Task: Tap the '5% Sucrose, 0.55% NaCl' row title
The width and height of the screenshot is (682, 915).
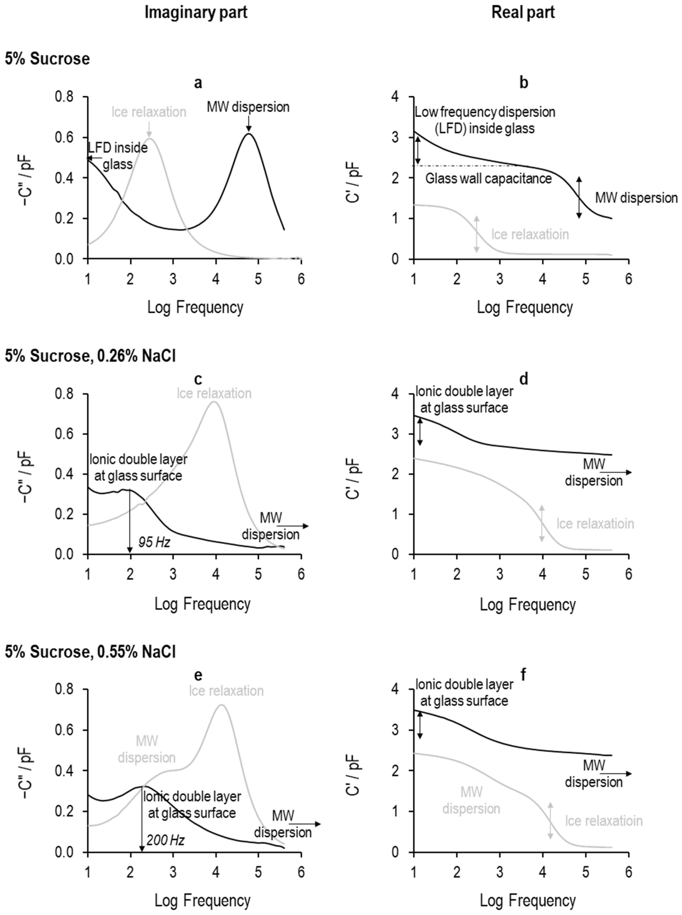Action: [90, 652]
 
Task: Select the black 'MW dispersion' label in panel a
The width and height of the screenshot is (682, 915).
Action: [248, 107]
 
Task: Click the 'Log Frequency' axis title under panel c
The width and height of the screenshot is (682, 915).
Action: [202, 604]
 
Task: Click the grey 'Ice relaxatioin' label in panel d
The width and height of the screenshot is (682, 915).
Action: [595, 524]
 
